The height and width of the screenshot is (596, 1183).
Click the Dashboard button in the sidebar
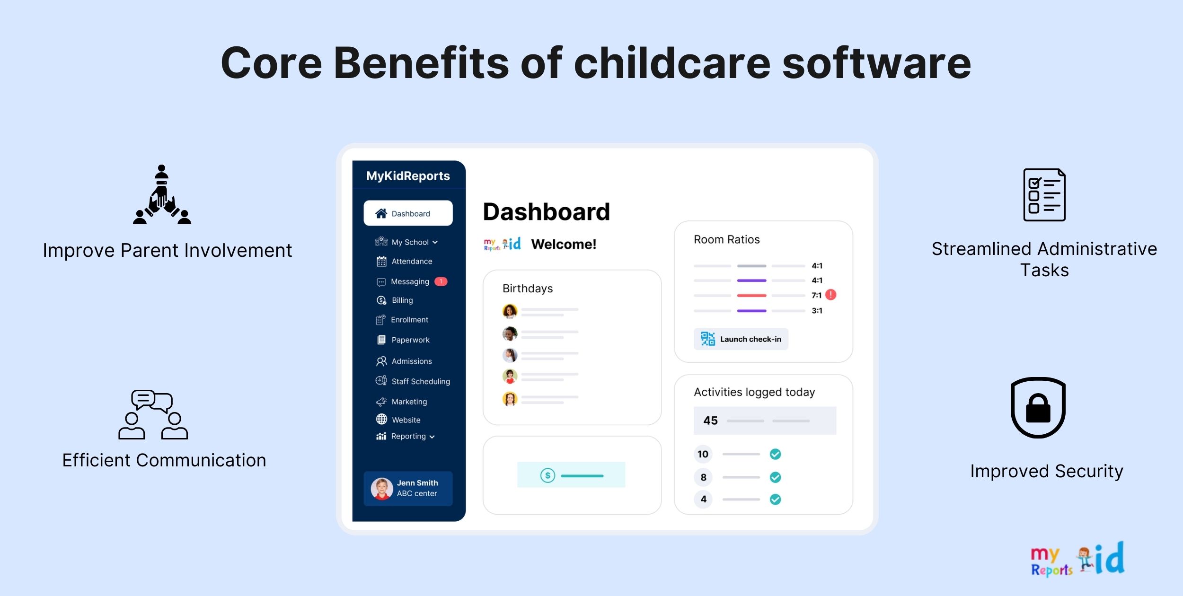point(408,213)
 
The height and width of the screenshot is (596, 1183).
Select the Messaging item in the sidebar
point(410,281)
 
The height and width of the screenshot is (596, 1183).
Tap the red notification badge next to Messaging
point(441,281)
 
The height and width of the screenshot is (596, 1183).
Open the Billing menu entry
point(402,300)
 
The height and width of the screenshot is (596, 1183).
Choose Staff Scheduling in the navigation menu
point(421,381)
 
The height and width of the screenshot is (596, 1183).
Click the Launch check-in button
point(741,339)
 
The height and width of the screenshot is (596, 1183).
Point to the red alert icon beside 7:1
point(831,295)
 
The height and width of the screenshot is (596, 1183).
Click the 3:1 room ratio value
point(817,311)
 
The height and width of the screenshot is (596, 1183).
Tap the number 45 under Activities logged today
point(710,421)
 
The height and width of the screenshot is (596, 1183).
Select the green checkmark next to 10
point(775,454)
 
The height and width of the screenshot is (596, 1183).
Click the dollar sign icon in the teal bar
point(547,475)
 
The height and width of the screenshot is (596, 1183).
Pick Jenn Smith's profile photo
point(382,489)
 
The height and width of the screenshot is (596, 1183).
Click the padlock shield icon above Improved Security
point(1038,408)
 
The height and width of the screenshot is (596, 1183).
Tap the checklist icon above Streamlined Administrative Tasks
point(1044,195)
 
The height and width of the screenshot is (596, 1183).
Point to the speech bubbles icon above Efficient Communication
point(153,415)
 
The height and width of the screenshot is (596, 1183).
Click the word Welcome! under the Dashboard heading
point(564,244)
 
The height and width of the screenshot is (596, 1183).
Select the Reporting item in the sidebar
point(408,436)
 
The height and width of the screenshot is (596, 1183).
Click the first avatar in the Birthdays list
point(510,311)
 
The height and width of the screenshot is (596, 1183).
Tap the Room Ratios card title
point(727,240)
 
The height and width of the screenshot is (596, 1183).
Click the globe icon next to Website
point(381,419)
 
